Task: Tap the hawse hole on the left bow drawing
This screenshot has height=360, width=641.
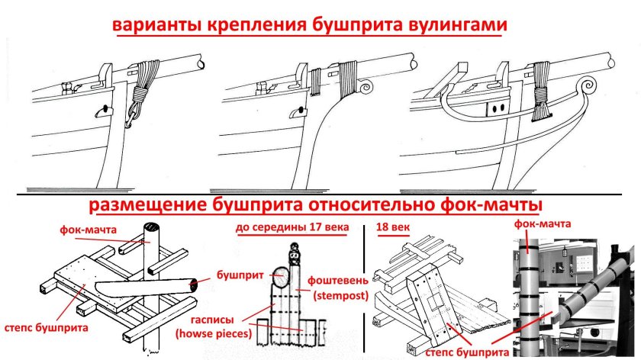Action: coord(105,110)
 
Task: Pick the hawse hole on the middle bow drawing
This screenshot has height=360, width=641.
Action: coord(299,111)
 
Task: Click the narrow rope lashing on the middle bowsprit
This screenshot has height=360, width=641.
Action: coord(316,82)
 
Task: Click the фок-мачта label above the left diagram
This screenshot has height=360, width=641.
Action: coord(88,230)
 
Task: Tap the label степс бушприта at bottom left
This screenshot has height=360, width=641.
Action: coord(47,328)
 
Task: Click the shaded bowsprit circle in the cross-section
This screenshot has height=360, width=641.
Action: coord(280,277)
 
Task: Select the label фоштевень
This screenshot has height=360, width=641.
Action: coord(337,281)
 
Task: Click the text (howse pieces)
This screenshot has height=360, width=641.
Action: coord(214,334)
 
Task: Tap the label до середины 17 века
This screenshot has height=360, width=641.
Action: coord(292,227)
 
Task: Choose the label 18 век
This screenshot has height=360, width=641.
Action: coord(393,227)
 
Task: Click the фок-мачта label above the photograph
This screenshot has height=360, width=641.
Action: coord(542,223)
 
